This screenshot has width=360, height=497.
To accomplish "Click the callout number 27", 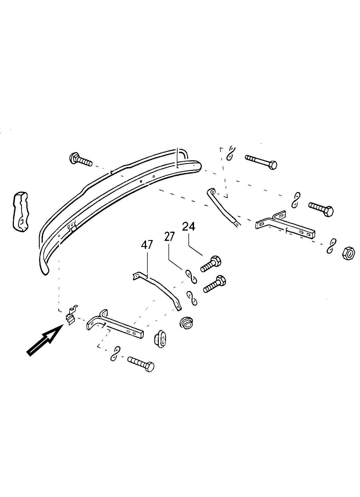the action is pyautogui.click(x=170, y=237).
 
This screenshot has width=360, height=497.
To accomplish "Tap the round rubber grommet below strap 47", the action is pyautogui.click(x=186, y=322).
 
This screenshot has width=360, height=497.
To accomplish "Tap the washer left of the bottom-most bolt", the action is pyautogui.click(x=115, y=353).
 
